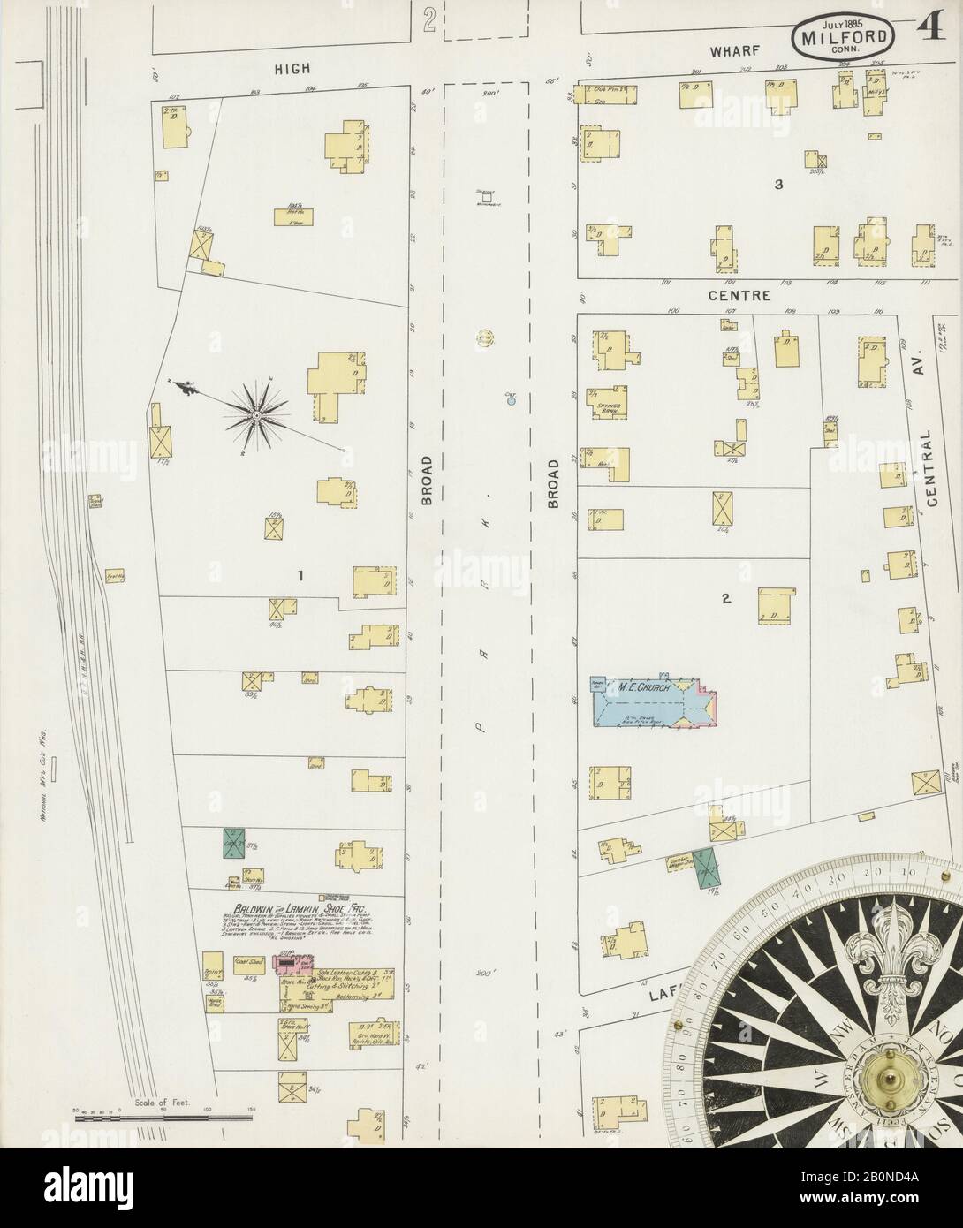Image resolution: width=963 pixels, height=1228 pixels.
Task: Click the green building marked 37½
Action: coord(233,843)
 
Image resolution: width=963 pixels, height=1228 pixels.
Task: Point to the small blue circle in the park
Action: coord(511,401)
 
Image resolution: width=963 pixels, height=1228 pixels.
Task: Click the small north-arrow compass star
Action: coord(256,413)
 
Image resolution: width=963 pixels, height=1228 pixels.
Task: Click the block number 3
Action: coord(778,185)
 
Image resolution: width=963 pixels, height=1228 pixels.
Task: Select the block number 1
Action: coord(300,576)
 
